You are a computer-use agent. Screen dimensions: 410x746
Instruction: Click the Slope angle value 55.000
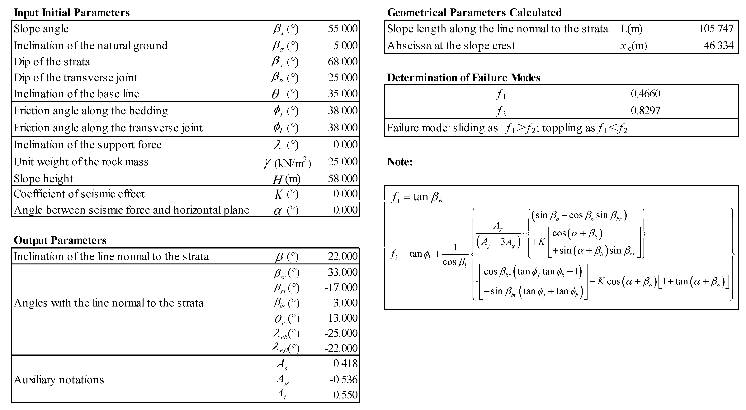tap(343, 29)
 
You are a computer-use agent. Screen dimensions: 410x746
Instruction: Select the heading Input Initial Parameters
tap(72, 13)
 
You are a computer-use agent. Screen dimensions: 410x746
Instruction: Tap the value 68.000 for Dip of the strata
tap(343, 62)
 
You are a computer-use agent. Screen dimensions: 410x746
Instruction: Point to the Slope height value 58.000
tap(343, 178)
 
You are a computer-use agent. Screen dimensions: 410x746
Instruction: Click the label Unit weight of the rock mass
tap(81, 162)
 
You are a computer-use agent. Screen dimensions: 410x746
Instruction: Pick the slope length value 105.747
tap(716, 29)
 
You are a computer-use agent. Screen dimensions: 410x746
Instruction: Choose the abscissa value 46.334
tap(719, 46)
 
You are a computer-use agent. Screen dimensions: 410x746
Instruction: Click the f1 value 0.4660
tap(645, 94)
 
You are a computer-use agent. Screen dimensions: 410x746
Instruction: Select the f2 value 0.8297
tap(645, 110)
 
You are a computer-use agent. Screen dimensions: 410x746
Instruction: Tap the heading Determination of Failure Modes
tap(464, 78)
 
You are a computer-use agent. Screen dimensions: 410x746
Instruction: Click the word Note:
tap(400, 162)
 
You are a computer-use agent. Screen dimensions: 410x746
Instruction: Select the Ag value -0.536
tap(343, 380)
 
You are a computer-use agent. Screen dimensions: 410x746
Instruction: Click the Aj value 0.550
tap(345, 395)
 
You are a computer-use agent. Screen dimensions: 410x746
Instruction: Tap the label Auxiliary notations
tap(59, 380)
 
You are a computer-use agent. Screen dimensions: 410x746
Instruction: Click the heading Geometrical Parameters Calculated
tap(474, 13)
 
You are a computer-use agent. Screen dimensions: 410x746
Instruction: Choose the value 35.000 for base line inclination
tap(343, 94)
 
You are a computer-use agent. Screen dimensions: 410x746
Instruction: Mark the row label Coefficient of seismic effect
tap(79, 194)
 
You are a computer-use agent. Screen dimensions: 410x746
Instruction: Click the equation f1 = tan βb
tap(416, 197)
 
